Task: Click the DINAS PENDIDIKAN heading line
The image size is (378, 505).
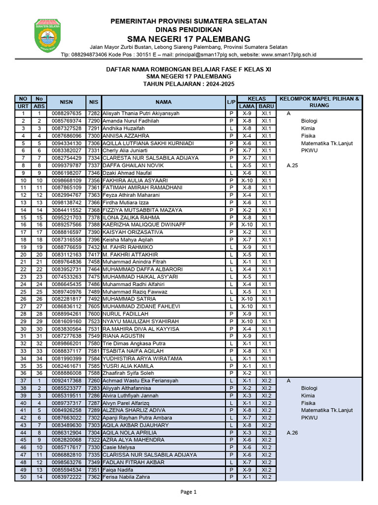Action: click(189, 30)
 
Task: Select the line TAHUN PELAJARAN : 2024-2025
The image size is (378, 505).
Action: click(189, 84)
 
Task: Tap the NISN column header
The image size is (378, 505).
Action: click(66, 102)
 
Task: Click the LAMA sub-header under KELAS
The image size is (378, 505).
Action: click(247, 106)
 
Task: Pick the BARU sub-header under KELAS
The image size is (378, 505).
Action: click(266, 106)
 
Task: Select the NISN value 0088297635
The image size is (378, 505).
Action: click(66, 113)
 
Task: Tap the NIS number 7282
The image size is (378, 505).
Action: click(94, 113)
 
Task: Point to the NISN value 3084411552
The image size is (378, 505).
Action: click(66, 210)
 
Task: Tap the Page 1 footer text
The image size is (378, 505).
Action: click(189, 492)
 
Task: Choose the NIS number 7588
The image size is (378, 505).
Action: click(94, 373)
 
